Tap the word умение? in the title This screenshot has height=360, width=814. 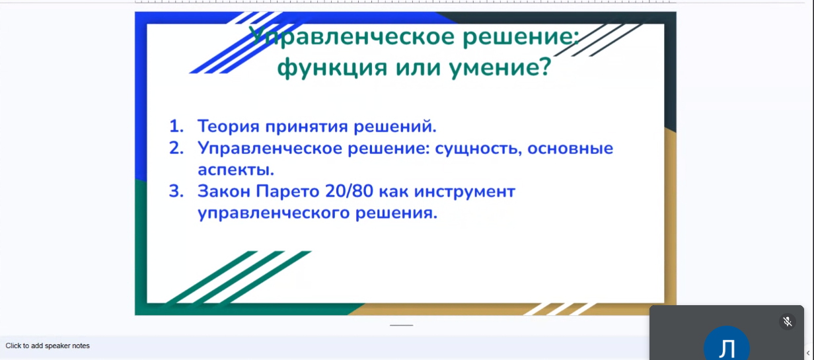point(500,67)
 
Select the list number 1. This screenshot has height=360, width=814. point(176,126)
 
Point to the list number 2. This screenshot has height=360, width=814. point(176,148)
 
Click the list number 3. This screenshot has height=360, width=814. point(176,191)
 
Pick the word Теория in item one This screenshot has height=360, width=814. point(229,126)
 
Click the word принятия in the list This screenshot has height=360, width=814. point(307,127)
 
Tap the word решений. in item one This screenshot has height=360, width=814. point(395,126)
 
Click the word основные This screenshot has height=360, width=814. point(570,149)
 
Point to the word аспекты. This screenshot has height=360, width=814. point(236,170)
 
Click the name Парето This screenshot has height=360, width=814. point(287,192)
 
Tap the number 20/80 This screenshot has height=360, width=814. point(350,192)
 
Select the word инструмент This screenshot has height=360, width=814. point(464,192)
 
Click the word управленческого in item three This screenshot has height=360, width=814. point(274,213)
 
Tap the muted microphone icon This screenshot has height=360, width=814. point(788,322)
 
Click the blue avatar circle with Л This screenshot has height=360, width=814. point(727,344)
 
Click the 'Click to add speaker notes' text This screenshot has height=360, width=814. point(48,346)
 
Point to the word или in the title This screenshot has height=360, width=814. point(418,68)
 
